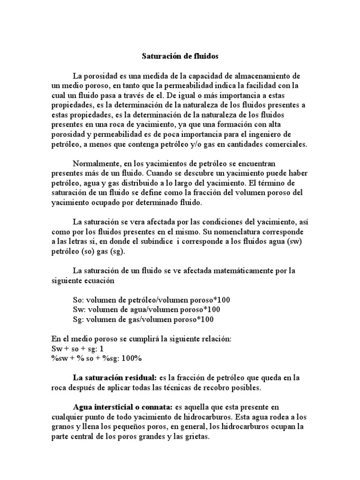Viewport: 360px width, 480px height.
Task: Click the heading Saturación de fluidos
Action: click(x=180, y=56)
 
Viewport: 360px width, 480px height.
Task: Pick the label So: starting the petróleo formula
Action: click(x=79, y=300)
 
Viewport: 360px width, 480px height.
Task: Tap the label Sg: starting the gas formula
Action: click(x=79, y=320)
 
